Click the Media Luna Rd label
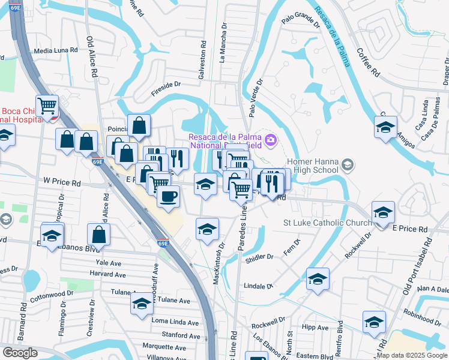click(x=56, y=51)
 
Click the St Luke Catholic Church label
click(x=328, y=223)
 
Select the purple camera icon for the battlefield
click(x=271, y=140)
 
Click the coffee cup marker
click(x=168, y=196)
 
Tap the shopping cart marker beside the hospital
click(x=47, y=107)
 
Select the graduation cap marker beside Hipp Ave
click(x=374, y=323)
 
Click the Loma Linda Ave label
click(x=176, y=322)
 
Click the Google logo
click(x=20, y=353)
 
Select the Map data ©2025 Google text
click(x=412, y=355)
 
